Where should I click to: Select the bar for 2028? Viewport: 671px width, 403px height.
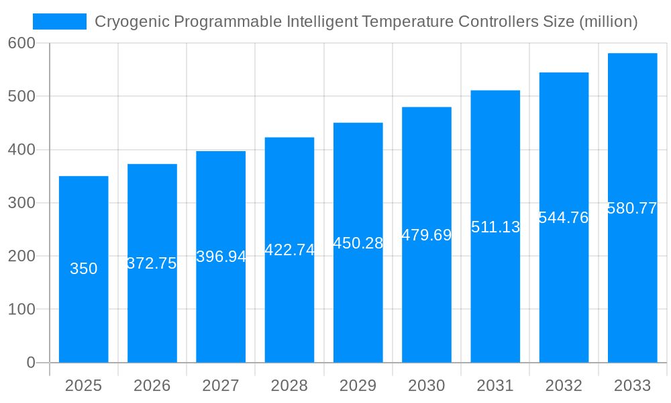coord(289,302)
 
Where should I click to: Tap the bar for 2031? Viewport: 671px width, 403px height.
coord(495,289)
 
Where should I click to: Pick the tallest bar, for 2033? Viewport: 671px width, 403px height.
coord(632,282)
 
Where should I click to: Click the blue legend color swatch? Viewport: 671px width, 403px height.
coord(60,21)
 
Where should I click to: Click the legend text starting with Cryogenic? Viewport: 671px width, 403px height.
coord(366,21)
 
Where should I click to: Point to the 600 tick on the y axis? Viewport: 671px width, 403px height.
coord(21,43)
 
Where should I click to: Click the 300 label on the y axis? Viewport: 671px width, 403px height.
coord(21,203)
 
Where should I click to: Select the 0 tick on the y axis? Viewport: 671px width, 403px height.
coord(31,363)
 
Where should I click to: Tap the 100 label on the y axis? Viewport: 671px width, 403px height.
coord(21,310)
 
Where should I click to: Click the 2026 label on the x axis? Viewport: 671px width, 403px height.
coord(152,386)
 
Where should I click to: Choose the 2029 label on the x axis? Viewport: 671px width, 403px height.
coord(358,386)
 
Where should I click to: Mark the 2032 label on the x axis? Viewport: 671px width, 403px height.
coord(564,386)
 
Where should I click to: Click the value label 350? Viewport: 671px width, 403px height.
coord(84,269)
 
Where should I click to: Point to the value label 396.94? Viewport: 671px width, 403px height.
coord(221,257)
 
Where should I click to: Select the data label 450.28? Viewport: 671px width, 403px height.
coord(358,243)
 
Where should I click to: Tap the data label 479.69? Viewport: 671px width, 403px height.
coord(427,235)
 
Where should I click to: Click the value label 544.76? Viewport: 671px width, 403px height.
coord(564,218)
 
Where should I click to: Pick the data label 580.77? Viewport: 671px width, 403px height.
coord(632,208)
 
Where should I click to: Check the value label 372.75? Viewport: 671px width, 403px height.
coord(152,263)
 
